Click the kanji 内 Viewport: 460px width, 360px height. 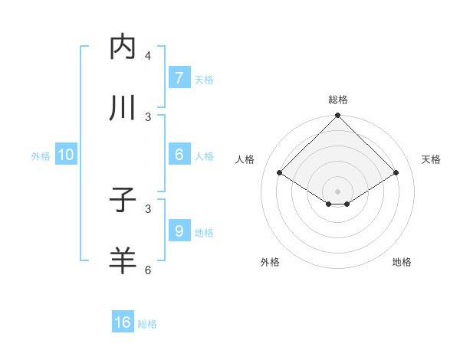tap(123, 47)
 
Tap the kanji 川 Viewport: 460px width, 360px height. tap(123, 109)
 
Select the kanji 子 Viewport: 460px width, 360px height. tap(123, 201)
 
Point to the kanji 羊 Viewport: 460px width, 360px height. tap(123, 261)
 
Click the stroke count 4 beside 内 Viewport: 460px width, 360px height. tap(148, 56)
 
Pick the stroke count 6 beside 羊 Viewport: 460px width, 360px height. tap(148, 270)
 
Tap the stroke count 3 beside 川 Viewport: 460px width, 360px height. tap(148, 117)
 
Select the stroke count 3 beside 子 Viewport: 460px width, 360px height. tap(148, 208)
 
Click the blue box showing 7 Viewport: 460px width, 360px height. tap(179, 77)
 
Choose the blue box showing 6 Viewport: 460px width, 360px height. tap(179, 155)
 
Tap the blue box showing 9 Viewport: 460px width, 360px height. tap(179, 231)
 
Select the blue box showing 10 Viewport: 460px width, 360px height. tap(66, 155)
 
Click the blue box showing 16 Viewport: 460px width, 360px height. tap(123, 322)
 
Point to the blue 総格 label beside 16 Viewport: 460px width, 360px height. tap(147, 324)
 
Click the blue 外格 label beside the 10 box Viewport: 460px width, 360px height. tap(41, 155)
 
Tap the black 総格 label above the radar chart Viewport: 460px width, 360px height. tap(337, 100)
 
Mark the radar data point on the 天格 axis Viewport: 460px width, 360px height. tap(396, 173)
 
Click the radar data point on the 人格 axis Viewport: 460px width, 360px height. tap(279, 173)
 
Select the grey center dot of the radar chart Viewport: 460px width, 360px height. tap(337, 191)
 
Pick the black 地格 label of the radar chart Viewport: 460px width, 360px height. tap(402, 263)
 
